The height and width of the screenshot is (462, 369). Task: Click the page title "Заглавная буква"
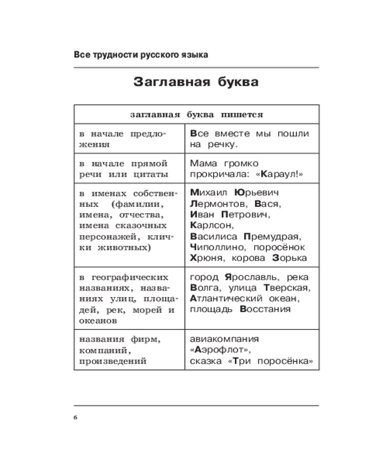pos(196,82)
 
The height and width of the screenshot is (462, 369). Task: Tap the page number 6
pos(76,418)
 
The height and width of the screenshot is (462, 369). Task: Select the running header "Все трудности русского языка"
pos(141,55)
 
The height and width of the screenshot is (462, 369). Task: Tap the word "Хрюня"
pos(203,259)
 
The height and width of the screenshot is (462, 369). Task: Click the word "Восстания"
pos(265,310)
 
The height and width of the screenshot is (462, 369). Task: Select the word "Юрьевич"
pos(256,192)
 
